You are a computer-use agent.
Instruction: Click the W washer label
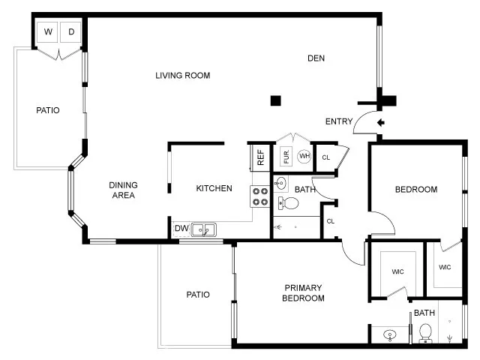click(48, 31)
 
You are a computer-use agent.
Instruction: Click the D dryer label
click(71, 31)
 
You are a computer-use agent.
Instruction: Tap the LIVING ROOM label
click(182, 75)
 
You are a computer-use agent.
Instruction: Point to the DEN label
click(317, 58)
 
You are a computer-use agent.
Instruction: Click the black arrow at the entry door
click(380, 122)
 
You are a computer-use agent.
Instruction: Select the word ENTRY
click(339, 122)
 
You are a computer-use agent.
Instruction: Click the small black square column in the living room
click(275, 100)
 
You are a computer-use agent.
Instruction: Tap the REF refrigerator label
click(260, 157)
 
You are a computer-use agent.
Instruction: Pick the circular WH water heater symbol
click(304, 156)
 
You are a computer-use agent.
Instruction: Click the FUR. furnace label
click(286, 157)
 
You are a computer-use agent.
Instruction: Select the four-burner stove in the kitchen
click(260, 196)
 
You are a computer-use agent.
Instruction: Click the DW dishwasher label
click(181, 229)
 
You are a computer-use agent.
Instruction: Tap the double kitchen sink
click(203, 229)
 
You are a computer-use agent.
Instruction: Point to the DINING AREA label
click(123, 190)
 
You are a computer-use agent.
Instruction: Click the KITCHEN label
click(214, 188)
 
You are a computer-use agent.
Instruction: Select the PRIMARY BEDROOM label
click(303, 293)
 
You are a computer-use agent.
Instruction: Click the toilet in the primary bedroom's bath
click(425, 331)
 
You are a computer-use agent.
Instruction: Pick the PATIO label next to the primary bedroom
click(198, 295)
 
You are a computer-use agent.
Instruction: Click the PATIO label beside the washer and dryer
click(47, 110)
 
